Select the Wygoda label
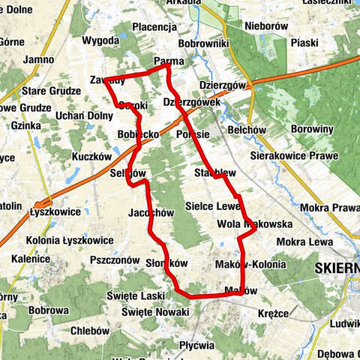pyautogui.click(x=100, y=40)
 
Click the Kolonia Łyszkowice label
pyautogui.click(x=70, y=241)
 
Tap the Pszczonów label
pyautogui.click(x=114, y=259)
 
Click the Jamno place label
pyautogui.click(x=38, y=59)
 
